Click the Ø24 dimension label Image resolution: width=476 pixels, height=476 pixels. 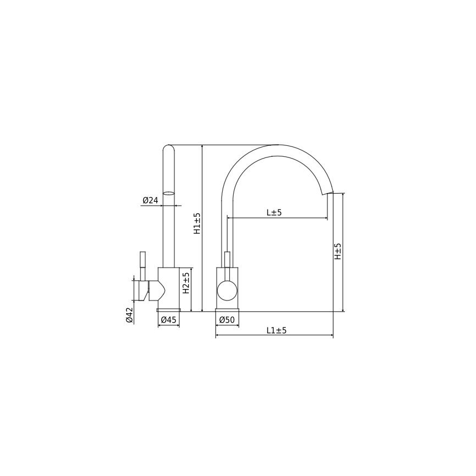(x=150, y=201)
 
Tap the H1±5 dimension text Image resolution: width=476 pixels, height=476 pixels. (x=197, y=224)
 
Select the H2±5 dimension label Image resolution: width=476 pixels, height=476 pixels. (x=186, y=283)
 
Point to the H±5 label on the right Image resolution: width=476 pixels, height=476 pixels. (x=338, y=252)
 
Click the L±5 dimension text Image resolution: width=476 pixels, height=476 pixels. (x=274, y=213)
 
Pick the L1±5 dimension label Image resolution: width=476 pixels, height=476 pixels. (x=276, y=330)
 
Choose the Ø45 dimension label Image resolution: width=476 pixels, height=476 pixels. (x=168, y=320)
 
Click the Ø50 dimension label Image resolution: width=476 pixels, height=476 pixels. (x=226, y=320)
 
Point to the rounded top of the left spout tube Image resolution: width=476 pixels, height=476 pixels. (x=170, y=148)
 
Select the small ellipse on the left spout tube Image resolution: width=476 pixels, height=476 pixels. (x=170, y=193)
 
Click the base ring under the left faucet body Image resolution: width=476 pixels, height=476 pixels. (x=169, y=310)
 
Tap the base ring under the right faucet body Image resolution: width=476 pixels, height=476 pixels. (x=227, y=310)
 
